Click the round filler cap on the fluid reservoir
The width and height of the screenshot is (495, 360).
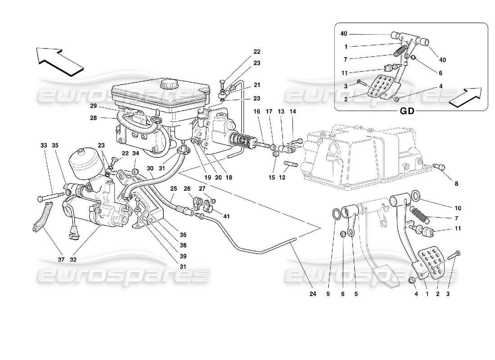pos(170,84)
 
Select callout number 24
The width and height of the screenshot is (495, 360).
pos(313,294)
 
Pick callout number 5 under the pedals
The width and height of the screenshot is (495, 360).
pos(355,294)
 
